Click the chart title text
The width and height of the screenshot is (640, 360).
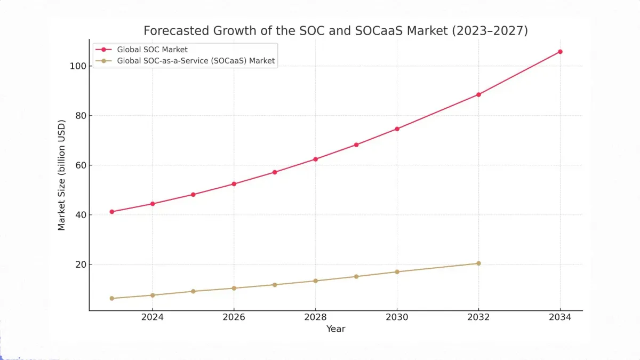click(x=335, y=30)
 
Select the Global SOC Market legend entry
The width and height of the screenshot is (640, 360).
click(x=152, y=50)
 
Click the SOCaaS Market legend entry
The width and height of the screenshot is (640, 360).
click(x=196, y=61)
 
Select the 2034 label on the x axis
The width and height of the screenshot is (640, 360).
click(x=560, y=317)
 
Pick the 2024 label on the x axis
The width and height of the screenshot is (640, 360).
click(x=152, y=317)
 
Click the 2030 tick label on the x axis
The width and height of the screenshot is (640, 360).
click(x=397, y=317)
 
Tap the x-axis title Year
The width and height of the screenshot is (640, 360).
click(x=335, y=329)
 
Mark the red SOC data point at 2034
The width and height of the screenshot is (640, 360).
click(x=560, y=52)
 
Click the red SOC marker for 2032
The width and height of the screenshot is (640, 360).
click(x=478, y=94)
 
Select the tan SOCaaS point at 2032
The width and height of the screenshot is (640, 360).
click(x=478, y=263)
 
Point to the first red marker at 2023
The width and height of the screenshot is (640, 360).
click(x=111, y=212)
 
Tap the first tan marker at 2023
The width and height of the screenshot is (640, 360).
click(x=111, y=298)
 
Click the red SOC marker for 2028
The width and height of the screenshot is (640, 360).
click(x=315, y=159)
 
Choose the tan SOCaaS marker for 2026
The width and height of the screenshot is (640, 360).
click(x=234, y=288)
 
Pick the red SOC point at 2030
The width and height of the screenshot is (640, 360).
click(x=397, y=129)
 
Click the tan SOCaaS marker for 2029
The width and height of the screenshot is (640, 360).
click(x=356, y=276)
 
